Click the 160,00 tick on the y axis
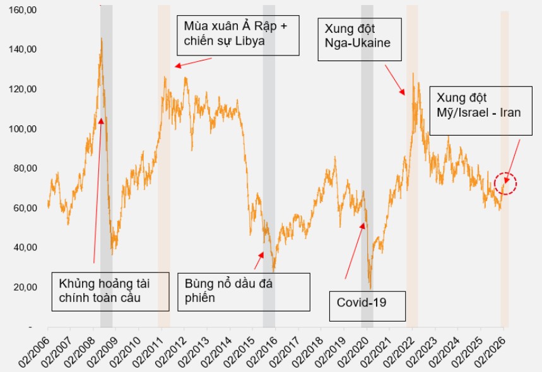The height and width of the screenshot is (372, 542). (23, 10)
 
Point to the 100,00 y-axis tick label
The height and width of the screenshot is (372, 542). (23, 129)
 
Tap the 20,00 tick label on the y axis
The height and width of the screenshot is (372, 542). (25, 287)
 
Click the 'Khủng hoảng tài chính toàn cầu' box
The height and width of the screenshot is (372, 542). (110, 291)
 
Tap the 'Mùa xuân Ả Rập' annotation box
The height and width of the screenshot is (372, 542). (236, 33)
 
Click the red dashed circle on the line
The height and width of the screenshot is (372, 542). (505, 183)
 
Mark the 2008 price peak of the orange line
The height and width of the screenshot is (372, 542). (101, 39)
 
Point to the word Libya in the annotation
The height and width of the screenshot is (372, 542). (249, 42)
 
